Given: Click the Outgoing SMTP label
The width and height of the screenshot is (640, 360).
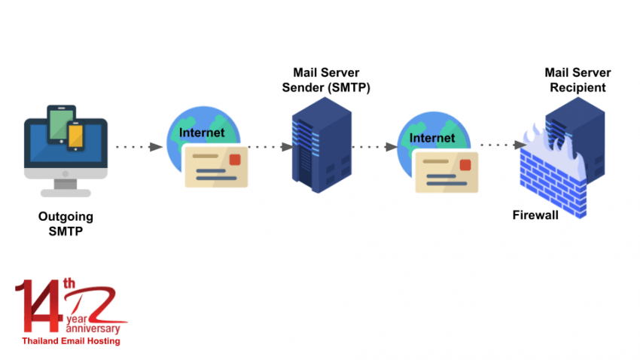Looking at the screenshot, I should pyautogui.click(x=66, y=224).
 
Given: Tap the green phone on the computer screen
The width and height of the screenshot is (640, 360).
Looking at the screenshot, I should pyautogui.click(x=57, y=124).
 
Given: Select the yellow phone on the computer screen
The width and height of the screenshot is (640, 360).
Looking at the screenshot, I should pyautogui.click(x=75, y=136).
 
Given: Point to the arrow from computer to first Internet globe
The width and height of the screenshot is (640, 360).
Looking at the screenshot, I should pyautogui.click(x=140, y=147).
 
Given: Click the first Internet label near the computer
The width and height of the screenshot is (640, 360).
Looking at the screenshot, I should pyautogui.click(x=202, y=133).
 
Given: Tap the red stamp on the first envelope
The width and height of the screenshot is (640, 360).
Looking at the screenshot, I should pyautogui.click(x=236, y=159).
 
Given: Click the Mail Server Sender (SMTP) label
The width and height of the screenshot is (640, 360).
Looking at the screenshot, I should pyautogui.click(x=332, y=80).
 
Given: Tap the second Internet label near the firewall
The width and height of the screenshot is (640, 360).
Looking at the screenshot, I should pyautogui.click(x=432, y=139).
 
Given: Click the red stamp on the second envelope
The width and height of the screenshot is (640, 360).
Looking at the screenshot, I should pyautogui.click(x=465, y=165).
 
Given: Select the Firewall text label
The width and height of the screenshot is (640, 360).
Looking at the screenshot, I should pyautogui.click(x=535, y=215).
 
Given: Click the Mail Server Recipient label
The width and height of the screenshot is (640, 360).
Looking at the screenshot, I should pyautogui.click(x=578, y=80).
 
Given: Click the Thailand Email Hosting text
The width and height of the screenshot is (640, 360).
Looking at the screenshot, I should pyautogui.click(x=71, y=341).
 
